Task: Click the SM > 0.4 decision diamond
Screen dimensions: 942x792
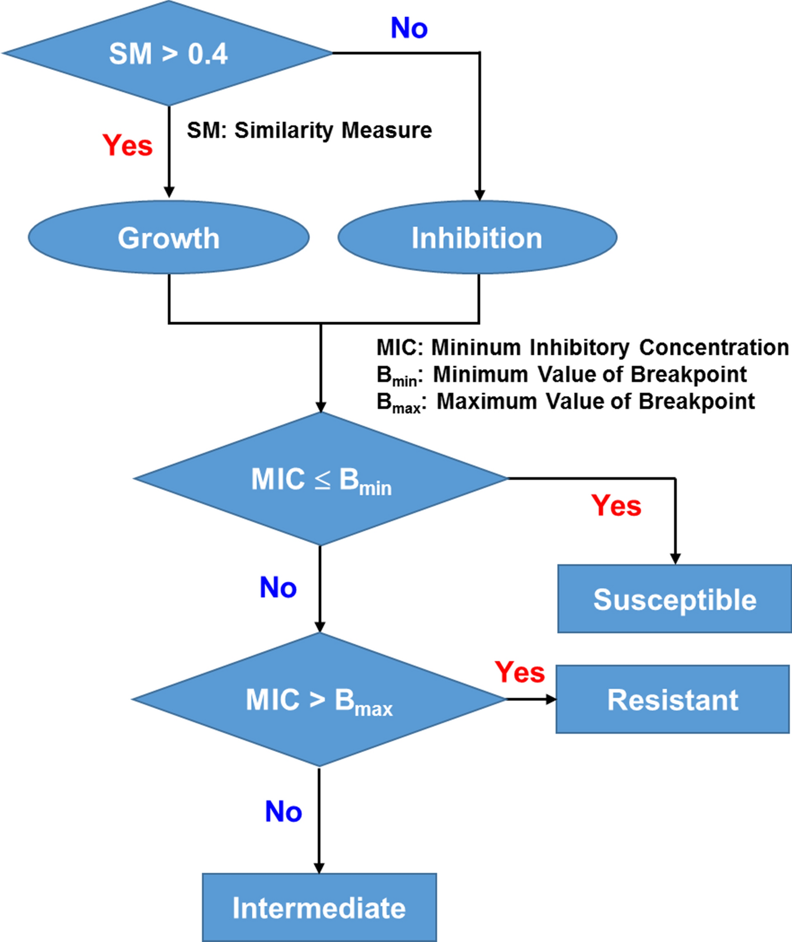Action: (x=168, y=54)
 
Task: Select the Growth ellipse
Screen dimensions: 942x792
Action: (x=168, y=238)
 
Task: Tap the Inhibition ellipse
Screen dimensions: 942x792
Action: (x=477, y=238)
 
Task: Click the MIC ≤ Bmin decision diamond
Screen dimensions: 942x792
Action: (x=320, y=479)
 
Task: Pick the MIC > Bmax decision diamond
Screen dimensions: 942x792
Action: (x=319, y=700)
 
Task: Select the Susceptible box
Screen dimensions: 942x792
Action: (x=675, y=600)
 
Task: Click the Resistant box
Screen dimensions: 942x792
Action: (x=673, y=700)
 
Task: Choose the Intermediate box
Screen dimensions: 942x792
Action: (x=319, y=908)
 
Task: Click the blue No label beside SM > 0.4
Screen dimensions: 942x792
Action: (x=409, y=28)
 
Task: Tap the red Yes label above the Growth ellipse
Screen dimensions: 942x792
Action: (x=128, y=145)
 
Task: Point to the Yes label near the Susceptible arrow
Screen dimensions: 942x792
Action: (x=616, y=506)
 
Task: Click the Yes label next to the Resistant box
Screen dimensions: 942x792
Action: (x=520, y=672)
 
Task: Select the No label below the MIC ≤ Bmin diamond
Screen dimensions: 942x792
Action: (x=278, y=588)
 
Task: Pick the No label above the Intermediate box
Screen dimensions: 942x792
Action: (x=283, y=812)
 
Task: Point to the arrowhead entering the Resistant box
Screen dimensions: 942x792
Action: (x=551, y=699)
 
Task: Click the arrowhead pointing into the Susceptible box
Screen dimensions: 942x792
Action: (x=675, y=559)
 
